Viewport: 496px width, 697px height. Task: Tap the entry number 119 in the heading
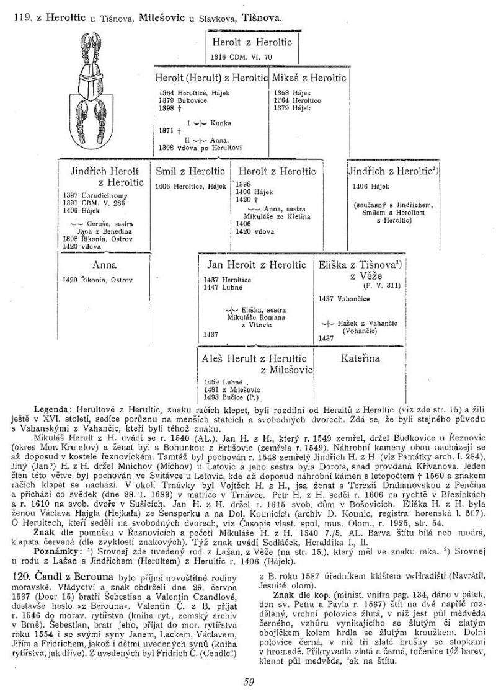click(23, 17)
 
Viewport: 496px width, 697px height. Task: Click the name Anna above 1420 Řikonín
click(105, 265)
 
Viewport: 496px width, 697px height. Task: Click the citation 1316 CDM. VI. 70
click(241, 56)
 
